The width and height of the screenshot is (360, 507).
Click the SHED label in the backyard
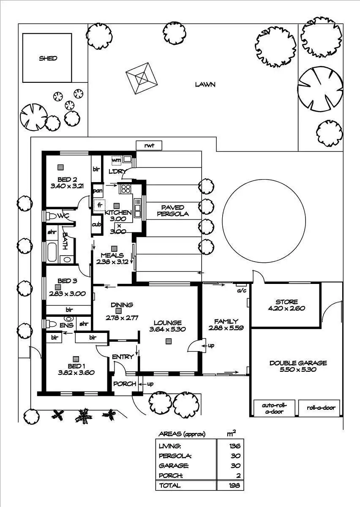coord(48,58)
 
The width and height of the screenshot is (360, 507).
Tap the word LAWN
coord(205,84)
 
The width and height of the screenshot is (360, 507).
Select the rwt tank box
coord(149,146)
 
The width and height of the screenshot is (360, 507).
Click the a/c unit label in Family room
coord(242,290)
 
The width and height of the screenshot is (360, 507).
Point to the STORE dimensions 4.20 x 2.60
coord(286,308)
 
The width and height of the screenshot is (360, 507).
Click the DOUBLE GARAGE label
coord(298,363)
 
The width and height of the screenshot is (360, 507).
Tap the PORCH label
coord(125,384)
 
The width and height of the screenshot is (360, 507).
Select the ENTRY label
coord(123,357)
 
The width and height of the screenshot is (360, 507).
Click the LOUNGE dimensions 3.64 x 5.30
coord(168,329)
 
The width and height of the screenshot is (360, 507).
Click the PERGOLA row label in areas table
coord(175,456)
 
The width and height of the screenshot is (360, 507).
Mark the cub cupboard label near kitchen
coord(96,224)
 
